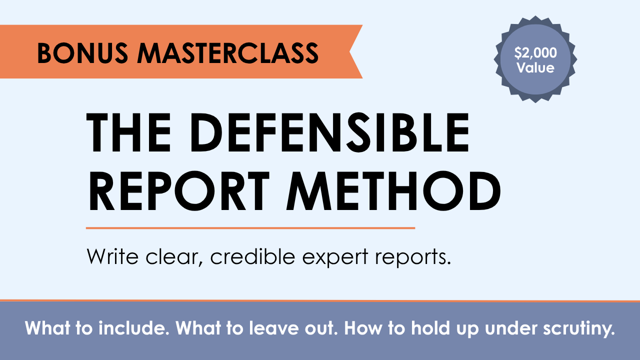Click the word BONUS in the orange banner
tap(82, 53)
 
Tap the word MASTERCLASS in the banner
tap(228, 53)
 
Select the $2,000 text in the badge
tap(535, 53)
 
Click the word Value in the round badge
tap(535, 68)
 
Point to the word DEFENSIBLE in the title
tap(330, 132)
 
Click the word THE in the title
tap(128, 132)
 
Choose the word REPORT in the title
tap(179, 191)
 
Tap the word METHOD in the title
tap(393, 191)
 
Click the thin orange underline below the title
tap(250, 228)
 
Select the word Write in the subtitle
tap(112, 256)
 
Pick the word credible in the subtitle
tap(253, 256)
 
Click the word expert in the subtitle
tap(335, 258)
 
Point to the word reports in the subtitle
tap(413, 258)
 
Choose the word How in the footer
tap(363, 328)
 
